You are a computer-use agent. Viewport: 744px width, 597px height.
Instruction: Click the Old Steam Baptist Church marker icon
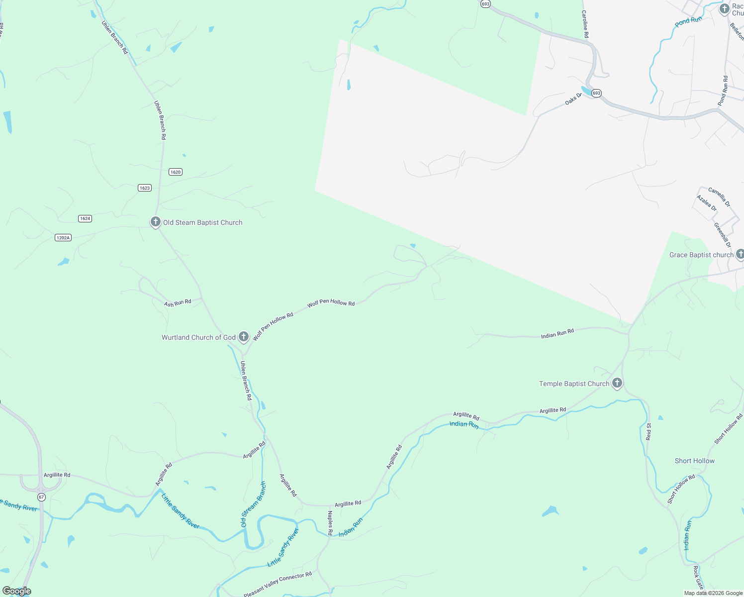point(156,222)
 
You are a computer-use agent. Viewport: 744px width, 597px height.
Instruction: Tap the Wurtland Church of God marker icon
point(244,337)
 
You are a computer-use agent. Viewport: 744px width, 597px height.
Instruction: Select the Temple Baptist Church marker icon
point(617,383)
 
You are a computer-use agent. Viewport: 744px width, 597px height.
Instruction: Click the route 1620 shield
point(176,172)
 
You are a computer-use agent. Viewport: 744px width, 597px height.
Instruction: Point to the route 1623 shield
point(145,188)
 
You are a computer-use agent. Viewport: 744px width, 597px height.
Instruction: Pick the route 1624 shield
point(85,218)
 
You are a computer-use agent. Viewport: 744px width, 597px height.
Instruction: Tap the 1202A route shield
point(63,238)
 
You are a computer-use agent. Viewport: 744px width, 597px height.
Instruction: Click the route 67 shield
point(41,497)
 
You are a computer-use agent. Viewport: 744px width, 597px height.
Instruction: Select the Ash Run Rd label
point(178,303)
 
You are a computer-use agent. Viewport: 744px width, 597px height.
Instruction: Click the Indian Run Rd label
point(557,333)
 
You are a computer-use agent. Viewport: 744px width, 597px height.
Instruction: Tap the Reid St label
point(649,431)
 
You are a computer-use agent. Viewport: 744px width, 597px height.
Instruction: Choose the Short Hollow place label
point(694,461)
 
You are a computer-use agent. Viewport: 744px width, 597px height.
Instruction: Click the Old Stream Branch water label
point(253,504)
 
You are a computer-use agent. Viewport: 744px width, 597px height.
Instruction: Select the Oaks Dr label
point(573,99)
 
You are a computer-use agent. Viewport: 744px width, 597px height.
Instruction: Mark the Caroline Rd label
point(585,24)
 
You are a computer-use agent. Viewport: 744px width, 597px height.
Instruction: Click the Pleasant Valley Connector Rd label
point(278,585)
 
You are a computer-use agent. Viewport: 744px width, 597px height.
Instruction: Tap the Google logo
point(16,591)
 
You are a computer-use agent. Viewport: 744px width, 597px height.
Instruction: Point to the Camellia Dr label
point(719,197)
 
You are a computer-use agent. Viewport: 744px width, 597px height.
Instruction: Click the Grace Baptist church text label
point(701,255)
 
